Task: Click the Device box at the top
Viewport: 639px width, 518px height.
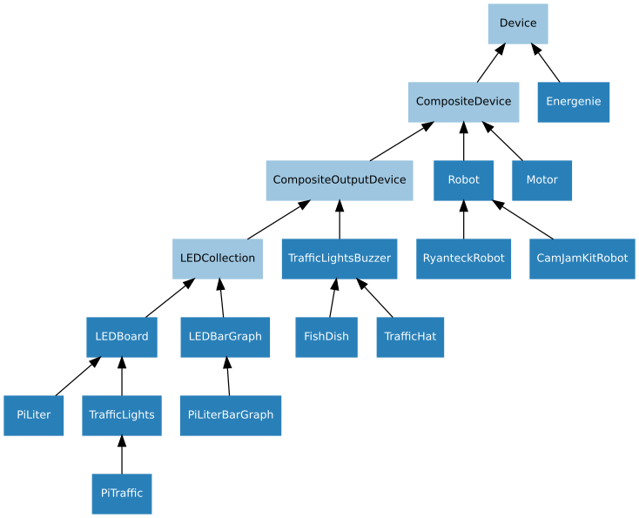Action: [518, 24]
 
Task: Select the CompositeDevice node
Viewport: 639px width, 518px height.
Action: [463, 102]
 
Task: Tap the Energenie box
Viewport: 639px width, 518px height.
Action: [573, 102]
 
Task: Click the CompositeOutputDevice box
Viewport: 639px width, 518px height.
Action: [339, 180]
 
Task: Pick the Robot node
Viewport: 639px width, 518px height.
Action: [463, 180]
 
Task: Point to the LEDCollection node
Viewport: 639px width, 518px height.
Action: [217, 259]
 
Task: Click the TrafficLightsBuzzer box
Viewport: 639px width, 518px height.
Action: [339, 259]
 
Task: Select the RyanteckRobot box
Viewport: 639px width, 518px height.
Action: [463, 259]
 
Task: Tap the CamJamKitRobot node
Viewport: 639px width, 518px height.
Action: [582, 259]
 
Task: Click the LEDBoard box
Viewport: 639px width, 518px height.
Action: [121, 337]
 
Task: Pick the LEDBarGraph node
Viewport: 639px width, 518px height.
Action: [225, 337]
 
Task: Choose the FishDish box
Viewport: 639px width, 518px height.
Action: [326, 337]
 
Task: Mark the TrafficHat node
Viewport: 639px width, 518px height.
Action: [410, 337]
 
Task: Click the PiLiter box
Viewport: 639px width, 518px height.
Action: [33, 415]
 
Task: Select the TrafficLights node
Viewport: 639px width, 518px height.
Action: [121, 415]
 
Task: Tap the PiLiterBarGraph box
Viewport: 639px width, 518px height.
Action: [231, 415]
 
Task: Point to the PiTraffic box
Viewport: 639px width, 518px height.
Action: [121, 494]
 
